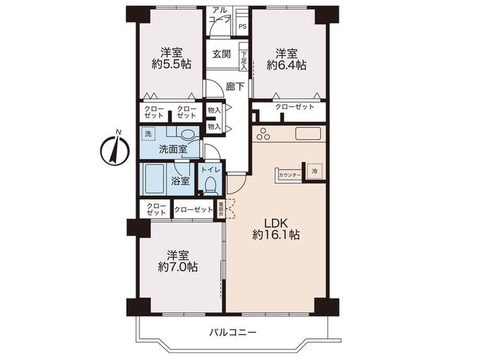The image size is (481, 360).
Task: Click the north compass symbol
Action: click(x=115, y=149)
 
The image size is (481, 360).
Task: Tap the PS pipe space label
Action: click(x=243, y=27)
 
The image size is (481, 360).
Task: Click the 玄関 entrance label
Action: click(x=222, y=54)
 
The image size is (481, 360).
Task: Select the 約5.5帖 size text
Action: click(x=171, y=64)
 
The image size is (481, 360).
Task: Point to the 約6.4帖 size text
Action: click(x=286, y=65)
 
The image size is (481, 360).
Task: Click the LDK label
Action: click(x=276, y=222)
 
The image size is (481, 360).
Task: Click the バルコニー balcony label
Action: click(x=233, y=332)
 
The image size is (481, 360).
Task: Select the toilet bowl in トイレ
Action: click(x=210, y=186)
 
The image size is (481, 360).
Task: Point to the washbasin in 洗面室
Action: click(x=187, y=134)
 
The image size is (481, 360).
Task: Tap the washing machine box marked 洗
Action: click(x=148, y=134)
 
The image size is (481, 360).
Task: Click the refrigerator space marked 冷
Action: click(x=314, y=171)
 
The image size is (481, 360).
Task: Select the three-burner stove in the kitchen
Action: click(x=264, y=134)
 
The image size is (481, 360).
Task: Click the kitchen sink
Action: click(x=308, y=133)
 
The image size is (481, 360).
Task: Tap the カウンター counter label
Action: click(x=290, y=175)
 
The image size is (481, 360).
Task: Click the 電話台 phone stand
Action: click(x=220, y=209)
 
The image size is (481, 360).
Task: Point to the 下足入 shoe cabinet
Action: click(x=244, y=61)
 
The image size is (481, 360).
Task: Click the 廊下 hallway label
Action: click(x=235, y=87)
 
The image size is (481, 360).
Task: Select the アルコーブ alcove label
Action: click(x=220, y=15)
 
